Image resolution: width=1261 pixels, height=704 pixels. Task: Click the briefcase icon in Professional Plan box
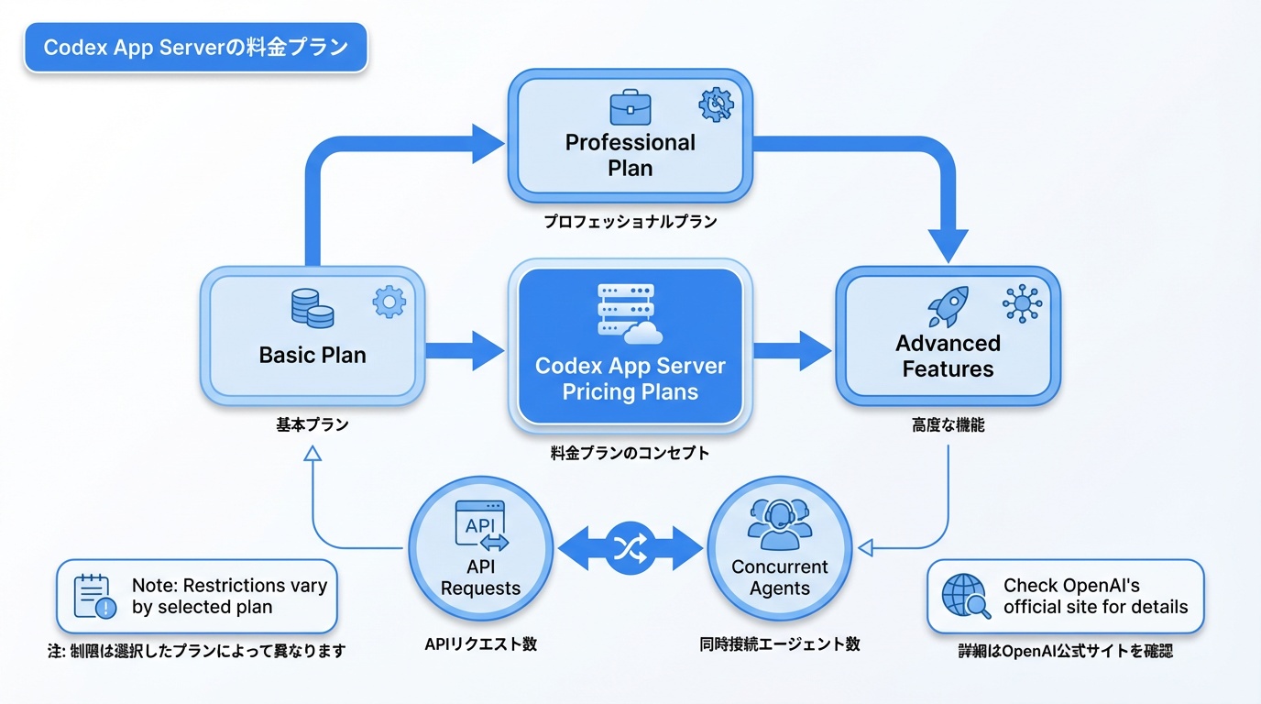pos(630,106)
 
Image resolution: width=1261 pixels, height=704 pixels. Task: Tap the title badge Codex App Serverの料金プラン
pos(195,48)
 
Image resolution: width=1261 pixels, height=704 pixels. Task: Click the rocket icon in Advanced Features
pos(948,306)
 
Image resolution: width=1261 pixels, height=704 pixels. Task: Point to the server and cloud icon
pos(630,313)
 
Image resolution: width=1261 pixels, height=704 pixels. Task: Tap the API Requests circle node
pos(480,547)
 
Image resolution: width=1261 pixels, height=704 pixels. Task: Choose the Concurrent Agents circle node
pos(780,547)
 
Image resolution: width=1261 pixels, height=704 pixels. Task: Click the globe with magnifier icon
pos(966,597)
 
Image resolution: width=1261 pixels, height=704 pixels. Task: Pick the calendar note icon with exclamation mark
pos(94,597)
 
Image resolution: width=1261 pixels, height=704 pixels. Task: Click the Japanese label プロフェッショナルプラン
pos(630,222)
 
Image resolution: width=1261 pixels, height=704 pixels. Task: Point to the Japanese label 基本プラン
pos(313,425)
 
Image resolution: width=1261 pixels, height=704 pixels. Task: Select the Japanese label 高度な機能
pos(948,425)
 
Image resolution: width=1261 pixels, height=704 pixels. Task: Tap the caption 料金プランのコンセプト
pos(630,453)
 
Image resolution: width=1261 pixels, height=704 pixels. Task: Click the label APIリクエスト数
pos(480,644)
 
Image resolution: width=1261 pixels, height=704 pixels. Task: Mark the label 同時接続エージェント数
pos(780,644)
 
